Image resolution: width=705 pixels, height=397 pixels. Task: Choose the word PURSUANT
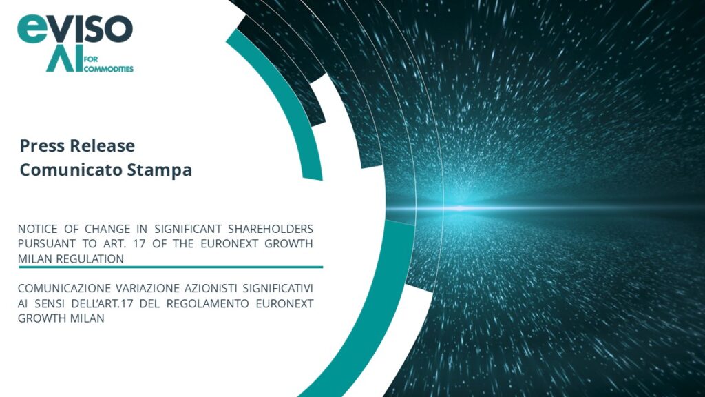[x=46, y=243]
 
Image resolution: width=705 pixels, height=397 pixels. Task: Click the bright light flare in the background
[x=458, y=207]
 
